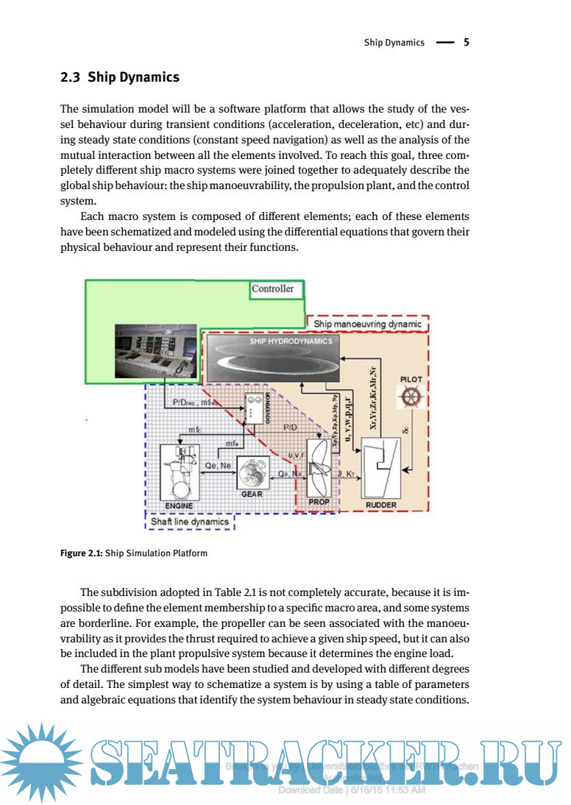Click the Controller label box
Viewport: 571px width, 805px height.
(273, 289)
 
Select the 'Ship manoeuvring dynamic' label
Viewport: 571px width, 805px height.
(368, 324)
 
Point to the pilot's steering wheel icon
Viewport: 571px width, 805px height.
(411, 398)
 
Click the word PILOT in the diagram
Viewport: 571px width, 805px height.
(411, 379)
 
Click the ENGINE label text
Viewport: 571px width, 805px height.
(179, 506)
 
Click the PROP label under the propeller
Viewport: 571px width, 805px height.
(319, 502)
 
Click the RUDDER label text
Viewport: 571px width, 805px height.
(381, 506)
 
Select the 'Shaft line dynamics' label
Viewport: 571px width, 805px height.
(190, 522)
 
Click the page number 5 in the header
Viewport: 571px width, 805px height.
(466, 43)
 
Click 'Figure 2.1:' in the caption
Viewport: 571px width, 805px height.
(81, 553)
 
